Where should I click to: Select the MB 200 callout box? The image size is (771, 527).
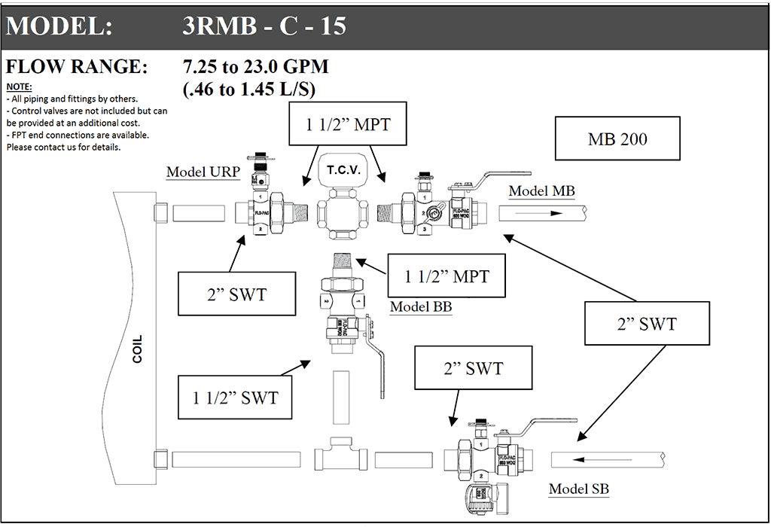[x=617, y=139]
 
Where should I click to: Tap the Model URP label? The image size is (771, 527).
[x=203, y=172]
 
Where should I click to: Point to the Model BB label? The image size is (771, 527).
[x=420, y=307]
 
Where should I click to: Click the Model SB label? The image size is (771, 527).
[x=578, y=489]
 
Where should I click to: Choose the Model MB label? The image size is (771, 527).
[x=541, y=190]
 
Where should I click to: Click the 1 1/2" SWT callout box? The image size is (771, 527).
[x=235, y=397]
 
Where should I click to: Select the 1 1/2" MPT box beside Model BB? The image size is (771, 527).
[x=446, y=276]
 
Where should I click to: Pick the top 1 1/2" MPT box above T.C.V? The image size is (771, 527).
[x=348, y=124]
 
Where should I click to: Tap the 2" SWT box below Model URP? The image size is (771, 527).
[x=236, y=294]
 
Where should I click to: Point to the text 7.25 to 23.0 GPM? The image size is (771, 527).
[x=256, y=67]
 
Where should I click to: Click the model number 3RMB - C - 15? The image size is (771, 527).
[x=264, y=26]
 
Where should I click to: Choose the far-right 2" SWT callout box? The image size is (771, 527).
[x=645, y=324]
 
